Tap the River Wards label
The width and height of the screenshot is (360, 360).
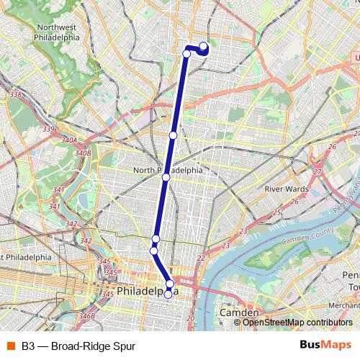[287, 189]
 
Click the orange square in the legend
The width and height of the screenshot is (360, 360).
[9, 346]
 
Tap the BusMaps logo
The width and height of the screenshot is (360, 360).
[325, 346]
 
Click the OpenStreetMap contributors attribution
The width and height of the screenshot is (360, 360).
[297, 323]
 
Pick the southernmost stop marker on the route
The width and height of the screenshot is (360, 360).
[168, 294]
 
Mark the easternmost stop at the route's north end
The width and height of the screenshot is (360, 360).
[203, 48]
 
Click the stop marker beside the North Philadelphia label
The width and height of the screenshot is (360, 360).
[166, 177]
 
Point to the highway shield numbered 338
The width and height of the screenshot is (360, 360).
[15, 94]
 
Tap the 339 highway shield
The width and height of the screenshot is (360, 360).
[48, 129]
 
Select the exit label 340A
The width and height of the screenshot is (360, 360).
[69, 140]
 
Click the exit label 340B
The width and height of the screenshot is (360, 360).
[82, 153]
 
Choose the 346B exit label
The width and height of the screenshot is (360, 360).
[87, 315]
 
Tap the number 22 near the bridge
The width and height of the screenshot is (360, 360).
[201, 257]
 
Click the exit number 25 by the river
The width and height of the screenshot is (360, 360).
[278, 212]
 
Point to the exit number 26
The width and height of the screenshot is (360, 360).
[333, 147]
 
